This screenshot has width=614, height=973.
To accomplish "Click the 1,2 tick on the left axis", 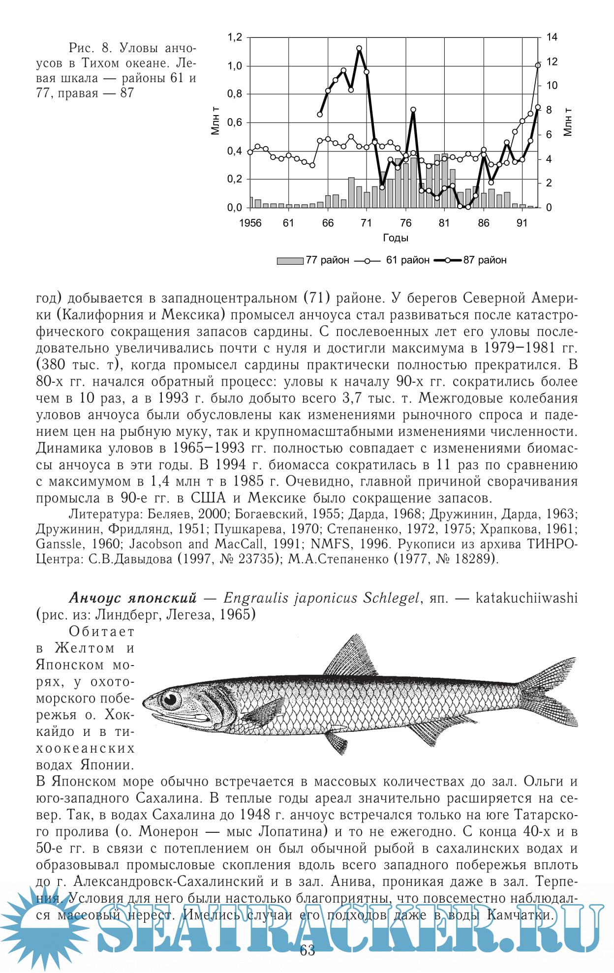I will pyautogui.click(x=235, y=37).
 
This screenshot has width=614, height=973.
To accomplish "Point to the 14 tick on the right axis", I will pyautogui.click(x=552, y=37).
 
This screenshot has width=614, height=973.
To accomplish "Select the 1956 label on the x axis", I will pyautogui.click(x=250, y=223).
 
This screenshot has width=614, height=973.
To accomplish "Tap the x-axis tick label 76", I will pyautogui.click(x=405, y=223).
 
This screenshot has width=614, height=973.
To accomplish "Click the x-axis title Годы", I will pyautogui.click(x=396, y=238).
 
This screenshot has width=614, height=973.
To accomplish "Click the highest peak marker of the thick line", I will pyautogui.click(x=359, y=48).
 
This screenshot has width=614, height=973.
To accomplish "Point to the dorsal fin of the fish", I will pyautogui.click(x=350, y=657).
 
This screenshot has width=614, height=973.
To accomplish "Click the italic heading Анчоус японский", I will pyautogui.click(x=133, y=598).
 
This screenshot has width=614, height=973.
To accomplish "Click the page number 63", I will pyautogui.click(x=307, y=950).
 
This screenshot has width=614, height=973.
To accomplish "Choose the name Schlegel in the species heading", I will pyautogui.click(x=392, y=598).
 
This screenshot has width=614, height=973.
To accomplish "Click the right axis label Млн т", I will pyautogui.click(x=568, y=122).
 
